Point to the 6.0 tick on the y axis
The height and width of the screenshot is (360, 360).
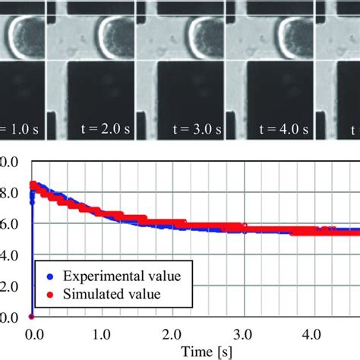(9, 226)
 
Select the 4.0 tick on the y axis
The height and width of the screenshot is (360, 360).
(9, 256)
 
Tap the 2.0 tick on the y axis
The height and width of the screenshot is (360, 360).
(9, 286)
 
